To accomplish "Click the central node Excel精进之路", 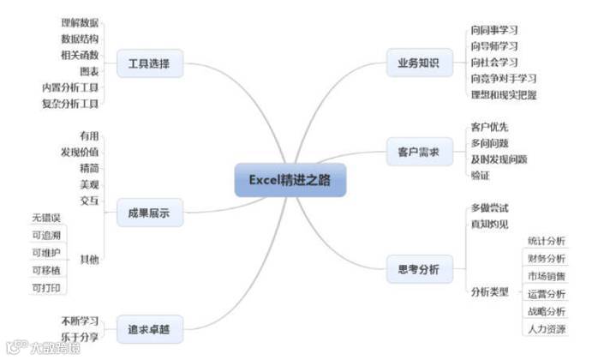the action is (x=290, y=180).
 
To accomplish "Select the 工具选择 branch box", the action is (x=149, y=63).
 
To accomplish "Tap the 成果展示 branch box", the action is (x=149, y=213).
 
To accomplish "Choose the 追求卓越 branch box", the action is (x=149, y=327).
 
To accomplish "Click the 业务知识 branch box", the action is (x=418, y=63).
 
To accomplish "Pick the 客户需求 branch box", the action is (x=418, y=152).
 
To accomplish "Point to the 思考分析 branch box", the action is (x=418, y=269).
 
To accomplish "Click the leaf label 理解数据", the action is (x=80, y=22).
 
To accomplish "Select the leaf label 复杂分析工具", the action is (x=70, y=104).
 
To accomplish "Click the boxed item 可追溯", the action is (x=46, y=235).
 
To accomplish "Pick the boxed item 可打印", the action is (x=46, y=287).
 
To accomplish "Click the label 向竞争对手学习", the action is (x=503, y=79).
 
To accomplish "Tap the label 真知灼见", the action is (x=489, y=224).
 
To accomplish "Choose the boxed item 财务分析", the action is (x=546, y=259).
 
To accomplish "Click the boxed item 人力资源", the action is (x=546, y=328).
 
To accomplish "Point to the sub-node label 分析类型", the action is (x=489, y=291).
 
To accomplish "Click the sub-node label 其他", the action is (x=89, y=259).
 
